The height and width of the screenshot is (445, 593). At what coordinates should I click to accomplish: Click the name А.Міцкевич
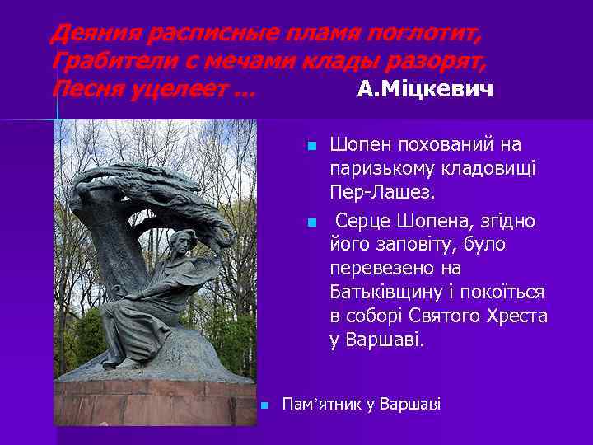point(426,89)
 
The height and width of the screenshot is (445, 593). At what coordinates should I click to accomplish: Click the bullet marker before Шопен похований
point(311,147)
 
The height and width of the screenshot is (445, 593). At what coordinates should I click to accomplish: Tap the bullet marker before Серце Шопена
point(311,223)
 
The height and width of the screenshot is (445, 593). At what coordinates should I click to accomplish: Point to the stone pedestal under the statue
point(156,400)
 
